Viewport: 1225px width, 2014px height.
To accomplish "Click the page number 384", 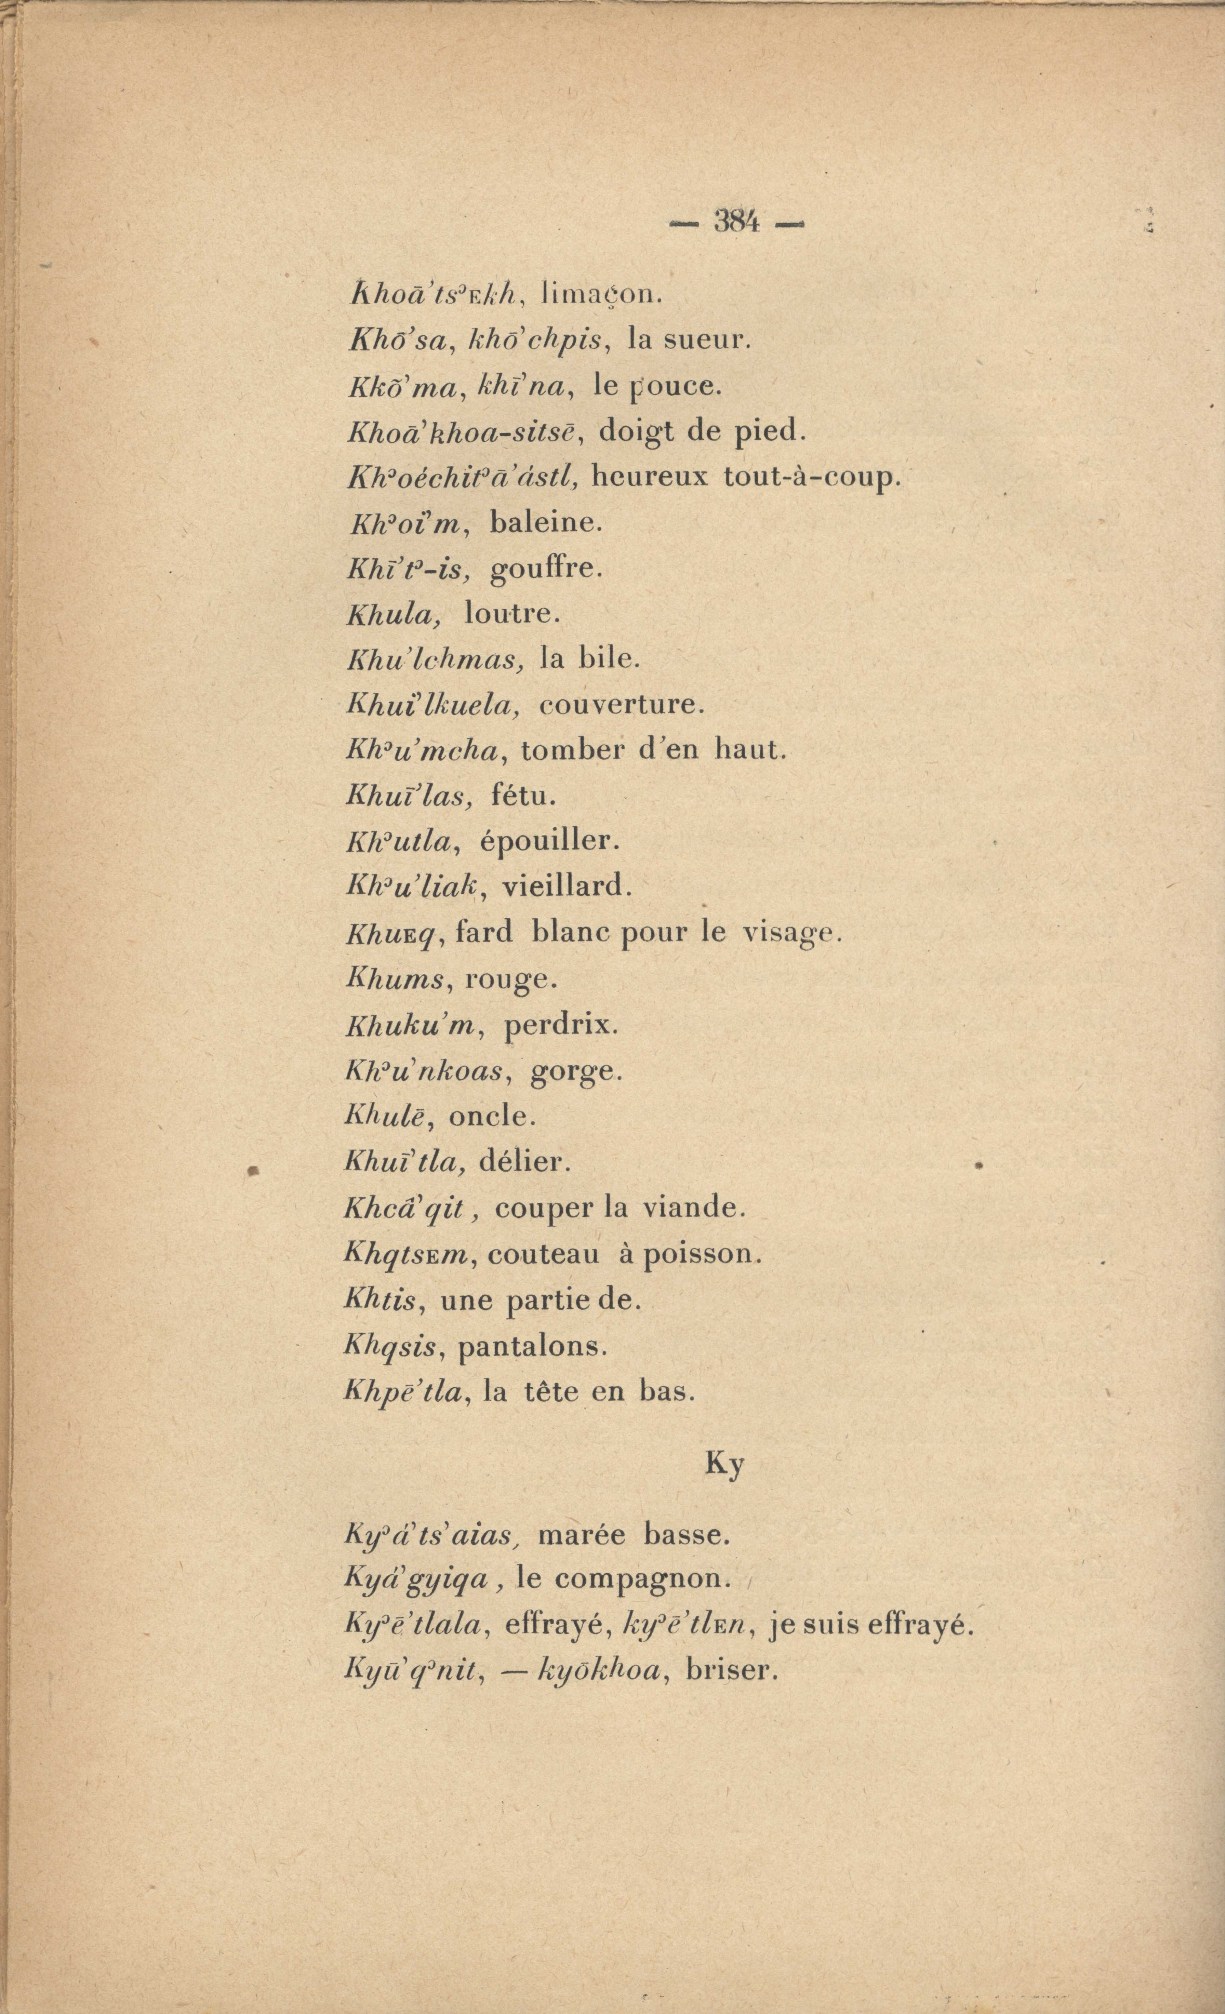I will click(x=736, y=222).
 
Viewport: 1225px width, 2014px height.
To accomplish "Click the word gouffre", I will click(x=545, y=569).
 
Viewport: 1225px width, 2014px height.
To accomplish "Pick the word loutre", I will click(x=511, y=614).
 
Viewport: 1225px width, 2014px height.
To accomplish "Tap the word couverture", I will click(x=620, y=704).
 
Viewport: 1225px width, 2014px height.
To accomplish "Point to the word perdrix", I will click(x=561, y=1024).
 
